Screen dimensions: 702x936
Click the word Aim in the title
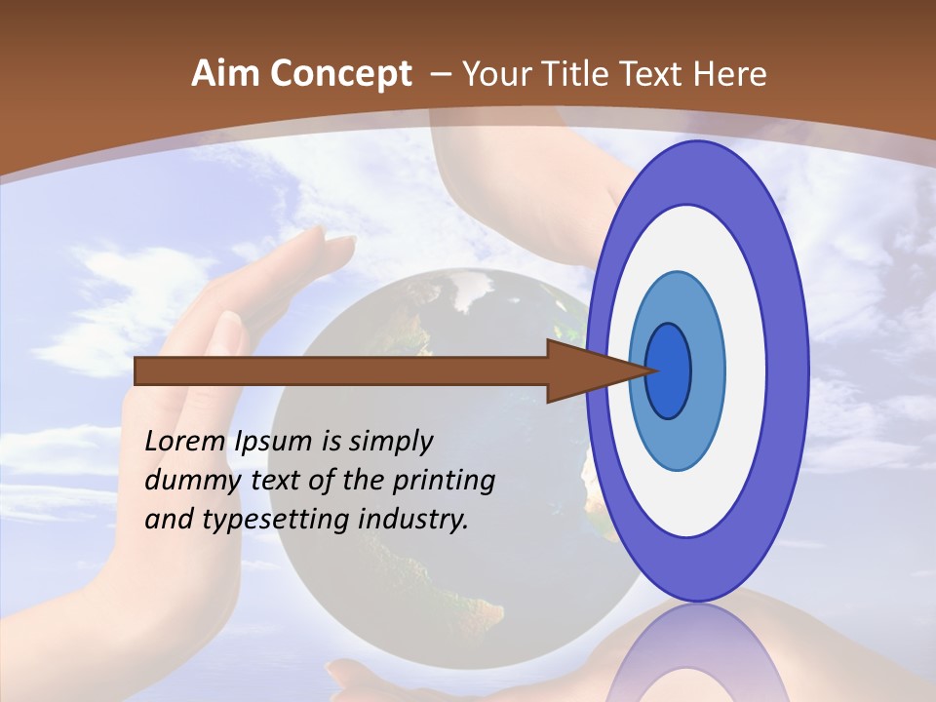(x=226, y=74)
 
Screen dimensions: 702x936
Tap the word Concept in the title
(x=341, y=74)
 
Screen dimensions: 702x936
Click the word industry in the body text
(x=413, y=519)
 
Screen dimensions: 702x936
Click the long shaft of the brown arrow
(x=341, y=371)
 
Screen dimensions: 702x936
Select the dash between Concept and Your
(x=439, y=74)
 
